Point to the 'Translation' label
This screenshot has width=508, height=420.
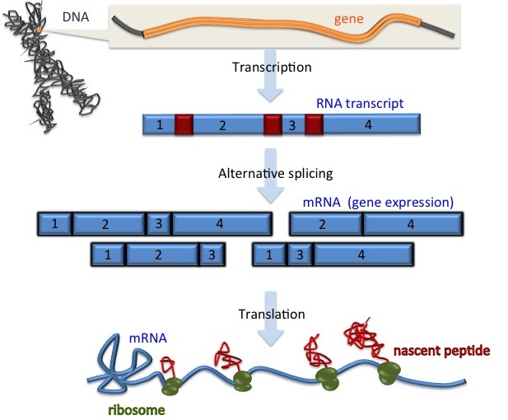point(272,314)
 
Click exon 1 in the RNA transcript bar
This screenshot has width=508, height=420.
point(159,125)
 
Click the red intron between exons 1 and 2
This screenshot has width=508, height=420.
point(184,125)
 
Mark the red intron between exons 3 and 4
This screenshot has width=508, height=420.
point(314,125)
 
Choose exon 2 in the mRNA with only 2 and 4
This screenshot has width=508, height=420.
point(326,223)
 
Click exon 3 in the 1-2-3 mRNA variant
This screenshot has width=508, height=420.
point(212,254)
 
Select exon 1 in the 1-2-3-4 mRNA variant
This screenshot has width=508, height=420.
point(54,223)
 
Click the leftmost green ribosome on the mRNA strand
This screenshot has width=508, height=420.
point(173,386)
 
